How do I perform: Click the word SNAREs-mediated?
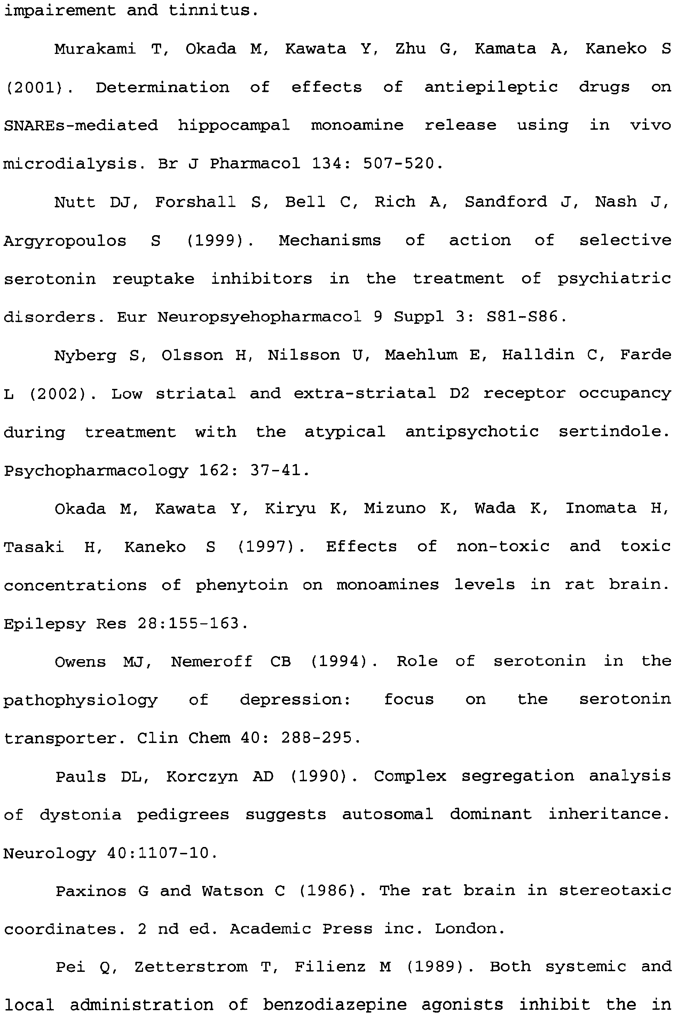tap(81, 126)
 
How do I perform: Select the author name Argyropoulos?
tap(65, 241)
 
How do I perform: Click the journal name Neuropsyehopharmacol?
tap(259, 317)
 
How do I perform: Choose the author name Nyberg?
tap(85, 355)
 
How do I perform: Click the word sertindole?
tap(614, 432)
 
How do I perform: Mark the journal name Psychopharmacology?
tap(96, 471)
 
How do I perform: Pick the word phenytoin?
tap(241, 585)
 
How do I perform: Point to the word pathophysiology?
tap(80, 700)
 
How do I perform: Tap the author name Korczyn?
tap(202, 776)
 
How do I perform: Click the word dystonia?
tap(80, 815)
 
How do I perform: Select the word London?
tap(470, 929)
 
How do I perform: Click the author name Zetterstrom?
tap(191, 967)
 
